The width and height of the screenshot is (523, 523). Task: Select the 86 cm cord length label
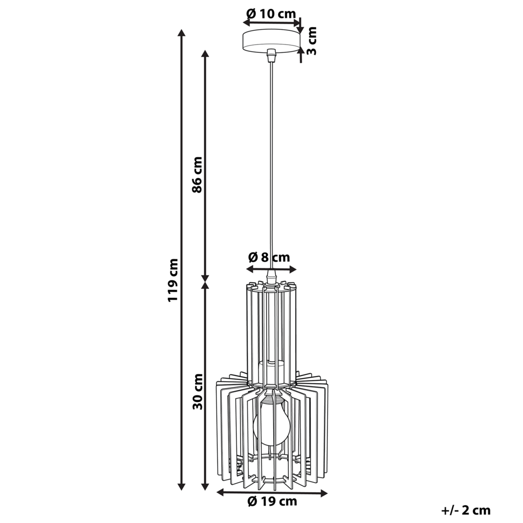[197, 174]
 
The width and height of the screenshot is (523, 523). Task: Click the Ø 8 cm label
[269, 257]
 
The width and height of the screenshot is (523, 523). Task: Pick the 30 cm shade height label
[197, 391]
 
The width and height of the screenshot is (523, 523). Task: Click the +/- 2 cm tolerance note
[465, 510]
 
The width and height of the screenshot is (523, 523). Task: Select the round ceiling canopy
[271, 41]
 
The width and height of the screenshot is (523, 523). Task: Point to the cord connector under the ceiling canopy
[271, 54]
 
